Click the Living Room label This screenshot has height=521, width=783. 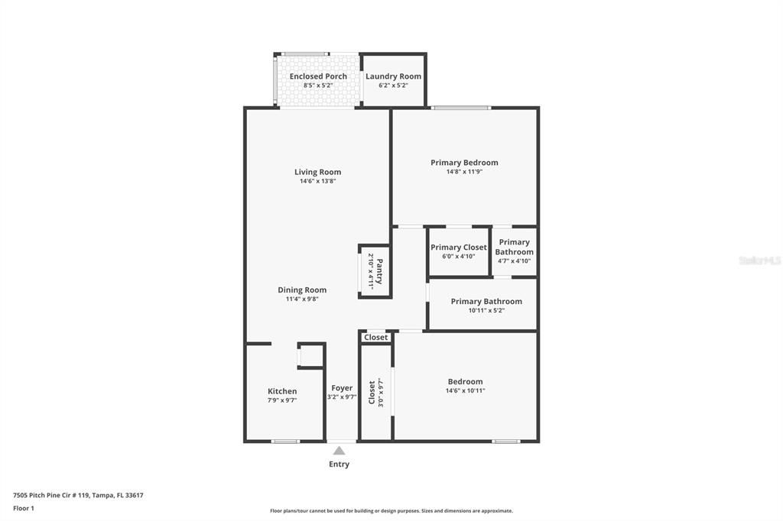click(x=317, y=172)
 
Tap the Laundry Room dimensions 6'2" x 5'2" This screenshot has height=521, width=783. click(x=393, y=86)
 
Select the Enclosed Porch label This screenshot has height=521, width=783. click(x=318, y=76)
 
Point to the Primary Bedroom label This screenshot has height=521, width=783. click(x=464, y=162)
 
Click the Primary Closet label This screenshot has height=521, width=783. click(x=458, y=248)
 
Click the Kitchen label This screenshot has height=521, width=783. click(x=282, y=391)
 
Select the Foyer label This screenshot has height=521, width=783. click(x=342, y=388)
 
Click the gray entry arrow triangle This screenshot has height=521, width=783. click(x=339, y=451)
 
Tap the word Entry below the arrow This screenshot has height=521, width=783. click(x=339, y=464)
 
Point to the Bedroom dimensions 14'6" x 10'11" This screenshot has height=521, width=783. click(x=465, y=391)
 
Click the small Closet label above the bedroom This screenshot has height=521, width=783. click(x=376, y=337)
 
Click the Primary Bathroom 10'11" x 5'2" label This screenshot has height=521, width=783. click(x=486, y=301)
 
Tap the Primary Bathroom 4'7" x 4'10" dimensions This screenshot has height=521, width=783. click(x=514, y=261)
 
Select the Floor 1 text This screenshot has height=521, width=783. click(x=24, y=508)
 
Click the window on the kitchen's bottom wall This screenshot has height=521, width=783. click(x=285, y=441)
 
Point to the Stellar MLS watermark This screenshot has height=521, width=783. click(x=759, y=260)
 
